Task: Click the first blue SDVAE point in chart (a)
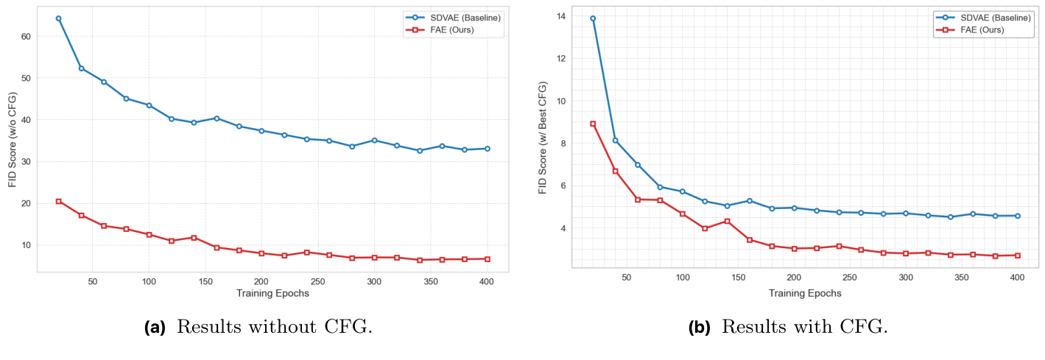(x=58, y=18)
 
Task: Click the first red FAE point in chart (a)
(x=58, y=201)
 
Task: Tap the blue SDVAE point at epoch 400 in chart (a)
(x=487, y=149)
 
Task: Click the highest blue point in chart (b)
(x=593, y=18)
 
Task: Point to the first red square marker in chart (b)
(x=593, y=124)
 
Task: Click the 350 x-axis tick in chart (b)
(x=962, y=278)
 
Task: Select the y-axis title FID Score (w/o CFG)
(x=12, y=139)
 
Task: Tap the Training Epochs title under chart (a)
(x=272, y=293)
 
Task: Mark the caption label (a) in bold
(x=155, y=328)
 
